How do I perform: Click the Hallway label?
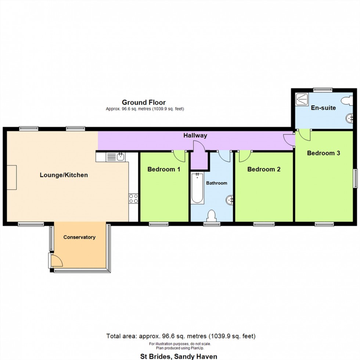[195, 136]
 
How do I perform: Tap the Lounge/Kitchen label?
[64, 175]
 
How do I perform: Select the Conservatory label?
[79, 237]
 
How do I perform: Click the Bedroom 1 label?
[164, 169]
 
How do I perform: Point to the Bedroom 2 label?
[264, 169]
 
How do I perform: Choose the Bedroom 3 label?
[324, 153]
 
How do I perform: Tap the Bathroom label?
[216, 183]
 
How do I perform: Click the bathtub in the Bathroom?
[197, 188]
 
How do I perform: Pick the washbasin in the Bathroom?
[230, 200]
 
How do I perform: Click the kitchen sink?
[116, 157]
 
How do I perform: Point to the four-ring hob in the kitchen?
[133, 199]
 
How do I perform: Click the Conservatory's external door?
[55, 260]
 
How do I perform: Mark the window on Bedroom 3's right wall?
[356, 179]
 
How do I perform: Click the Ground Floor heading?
[144, 102]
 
